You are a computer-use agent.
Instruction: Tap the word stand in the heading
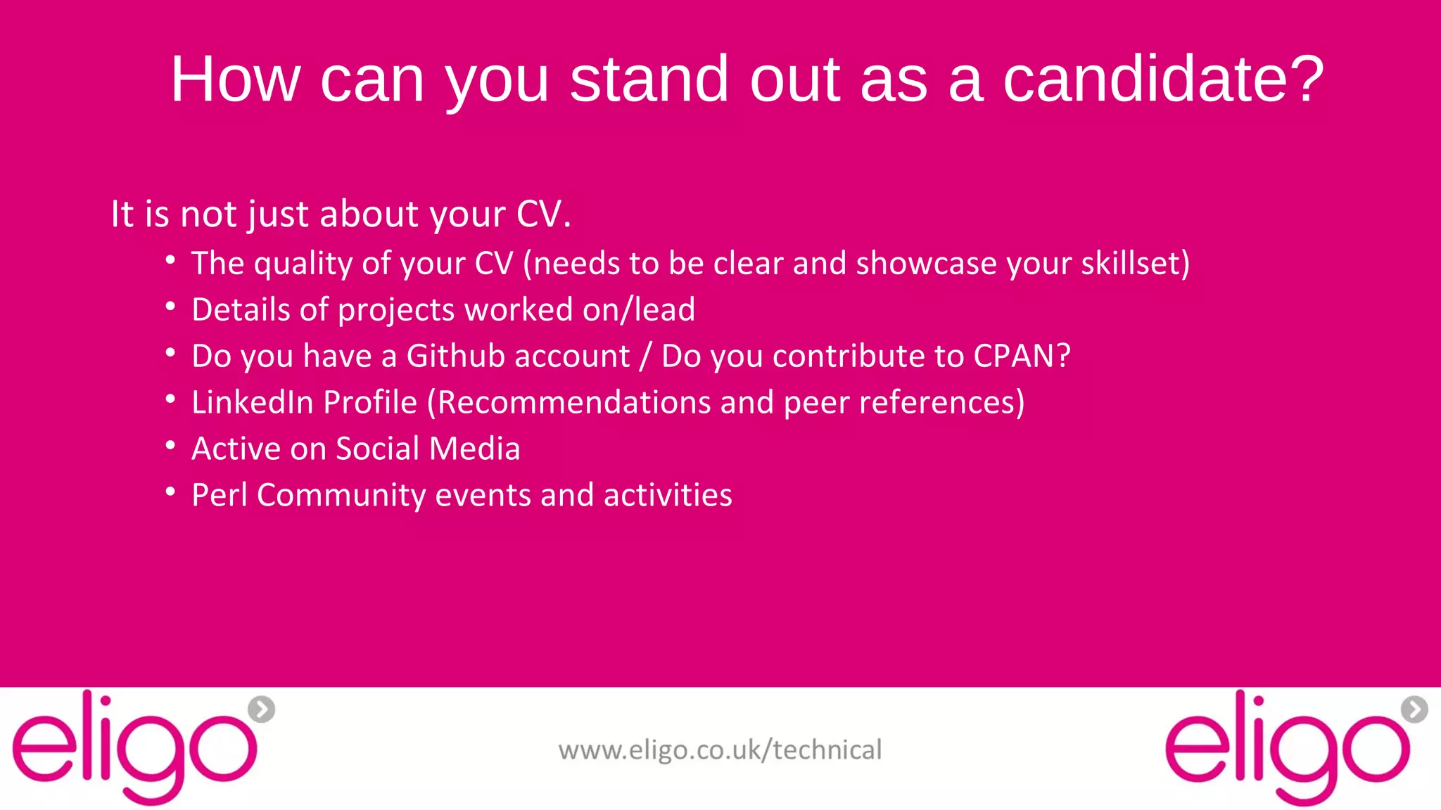[649, 79]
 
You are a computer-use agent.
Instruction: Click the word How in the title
[235, 79]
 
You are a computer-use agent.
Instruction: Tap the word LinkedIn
[252, 402]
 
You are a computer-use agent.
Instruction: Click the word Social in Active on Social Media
[377, 449]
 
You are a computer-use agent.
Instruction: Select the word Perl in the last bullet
[220, 495]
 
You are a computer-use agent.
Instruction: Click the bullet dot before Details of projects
[170, 307]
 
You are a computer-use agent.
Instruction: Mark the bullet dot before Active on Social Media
[170, 446]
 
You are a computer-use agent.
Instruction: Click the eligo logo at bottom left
[134, 748]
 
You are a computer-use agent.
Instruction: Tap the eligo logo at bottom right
[1288, 748]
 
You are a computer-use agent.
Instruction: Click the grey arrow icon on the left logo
[262, 709]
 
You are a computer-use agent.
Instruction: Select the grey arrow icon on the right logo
[1414, 709]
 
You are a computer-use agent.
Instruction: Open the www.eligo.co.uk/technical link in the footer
[720, 750]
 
